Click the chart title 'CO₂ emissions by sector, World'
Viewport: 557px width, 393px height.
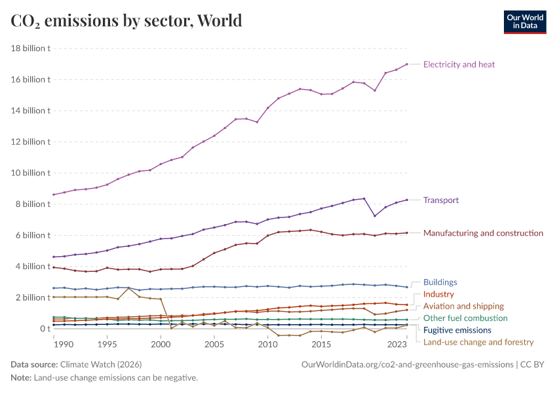pyautogui.click(x=126, y=21)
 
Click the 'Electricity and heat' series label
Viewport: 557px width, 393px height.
pyautogui.click(x=459, y=64)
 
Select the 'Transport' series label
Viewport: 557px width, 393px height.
pyautogui.click(x=441, y=200)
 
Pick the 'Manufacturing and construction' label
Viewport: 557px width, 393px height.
pyautogui.click(x=483, y=233)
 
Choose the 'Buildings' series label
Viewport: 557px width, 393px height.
pyautogui.click(x=440, y=282)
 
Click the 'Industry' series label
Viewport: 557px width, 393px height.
pyautogui.click(x=438, y=294)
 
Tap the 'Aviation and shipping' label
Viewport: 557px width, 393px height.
pyautogui.click(x=463, y=306)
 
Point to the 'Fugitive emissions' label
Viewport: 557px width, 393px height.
pyautogui.click(x=457, y=330)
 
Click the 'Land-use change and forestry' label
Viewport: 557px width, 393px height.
pyautogui.click(x=478, y=342)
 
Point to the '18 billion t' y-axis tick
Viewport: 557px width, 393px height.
pyautogui.click(x=31, y=48)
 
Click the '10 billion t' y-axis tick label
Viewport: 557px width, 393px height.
pyautogui.click(x=31, y=173)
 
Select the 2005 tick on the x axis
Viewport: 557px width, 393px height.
pyautogui.click(x=214, y=344)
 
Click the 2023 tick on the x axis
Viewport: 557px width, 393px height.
pyautogui.click(x=396, y=344)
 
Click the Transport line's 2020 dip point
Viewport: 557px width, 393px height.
pyautogui.click(x=375, y=216)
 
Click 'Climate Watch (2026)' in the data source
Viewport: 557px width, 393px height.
pyautogui.click(x=101, y=364)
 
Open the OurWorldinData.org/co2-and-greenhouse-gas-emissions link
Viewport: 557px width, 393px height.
pyautogui.click(x=406, y=364)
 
